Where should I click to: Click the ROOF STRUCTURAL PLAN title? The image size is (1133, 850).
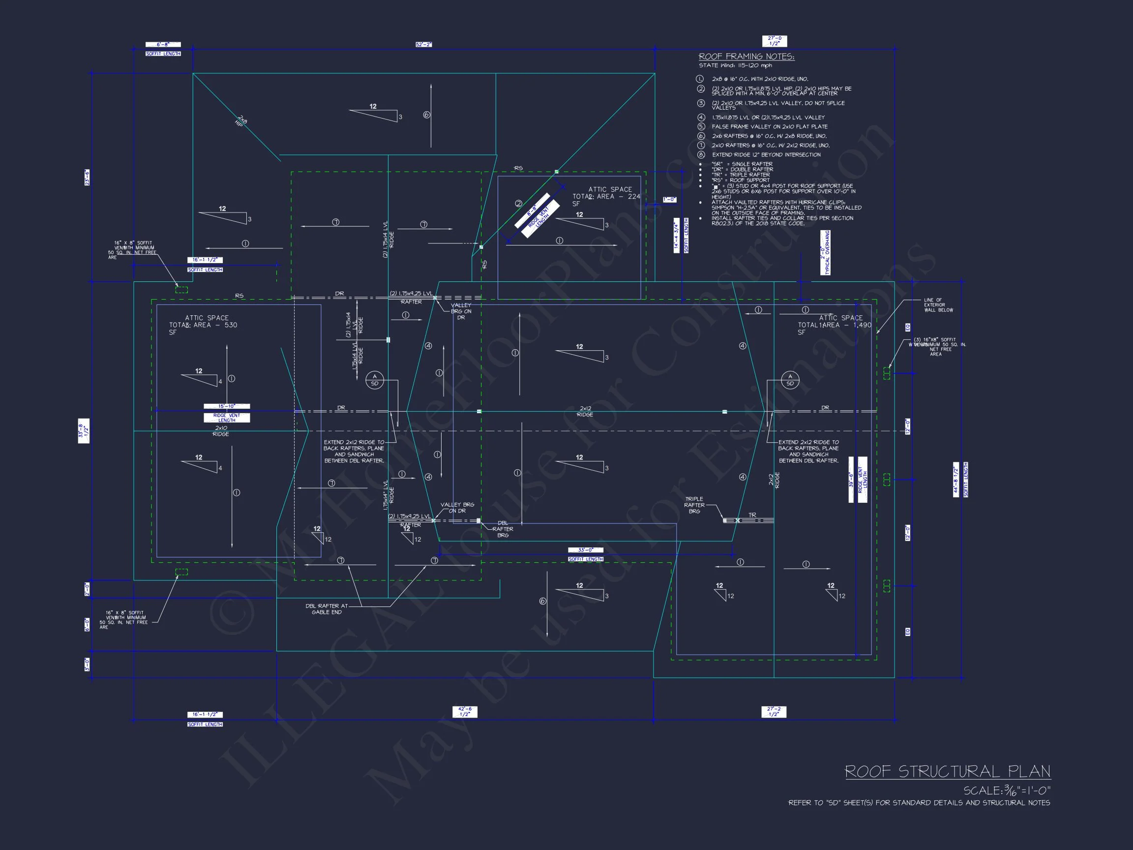coord(947,772)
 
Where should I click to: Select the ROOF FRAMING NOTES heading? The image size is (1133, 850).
coord(746,57)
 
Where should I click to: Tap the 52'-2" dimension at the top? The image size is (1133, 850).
coord(423,45)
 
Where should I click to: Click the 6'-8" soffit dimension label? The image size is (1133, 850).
coord(163,45)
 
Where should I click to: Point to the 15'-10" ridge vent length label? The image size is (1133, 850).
coord(226,406)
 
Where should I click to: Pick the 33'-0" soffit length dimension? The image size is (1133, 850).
coord(586,550)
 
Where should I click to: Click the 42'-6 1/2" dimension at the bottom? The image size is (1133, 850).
coord(465,712)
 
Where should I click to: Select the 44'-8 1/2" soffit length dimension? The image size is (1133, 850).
coord(956,480)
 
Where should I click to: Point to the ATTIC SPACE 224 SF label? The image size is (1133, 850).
coord(606,196)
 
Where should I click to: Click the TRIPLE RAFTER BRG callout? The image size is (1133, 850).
coord(694,505)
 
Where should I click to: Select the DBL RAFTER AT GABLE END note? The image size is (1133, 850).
coord(327,608)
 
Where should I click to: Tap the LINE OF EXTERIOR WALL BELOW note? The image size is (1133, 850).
coord(938,305)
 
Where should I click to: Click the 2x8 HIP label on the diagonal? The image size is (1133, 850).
coord(241,121)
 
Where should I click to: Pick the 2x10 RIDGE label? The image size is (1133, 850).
coord(221,431)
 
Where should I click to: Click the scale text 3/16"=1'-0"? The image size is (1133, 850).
coord(1007,790)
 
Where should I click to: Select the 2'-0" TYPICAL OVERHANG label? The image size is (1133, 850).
coord(825,253)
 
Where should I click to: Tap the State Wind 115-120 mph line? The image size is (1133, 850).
coord(735,65)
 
